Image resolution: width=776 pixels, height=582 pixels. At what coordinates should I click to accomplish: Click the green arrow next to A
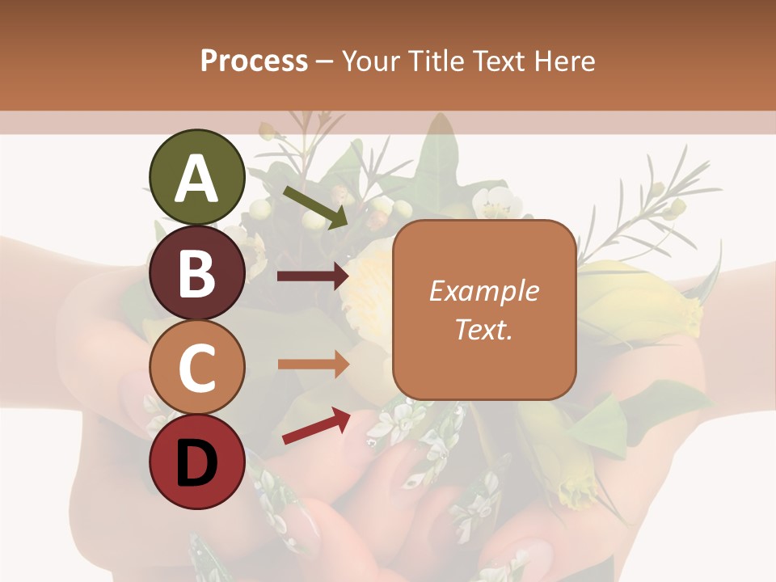pyautogui.click(x=315, y=206)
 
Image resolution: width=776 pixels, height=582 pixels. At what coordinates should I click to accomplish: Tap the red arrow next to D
pyautogui.click(x=316, y=425)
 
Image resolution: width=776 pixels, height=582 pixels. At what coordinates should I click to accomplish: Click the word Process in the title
pyautogui.click(x=254, y=61)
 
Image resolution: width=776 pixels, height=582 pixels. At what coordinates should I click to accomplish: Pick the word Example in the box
pyautogui.click(x=484, y=291)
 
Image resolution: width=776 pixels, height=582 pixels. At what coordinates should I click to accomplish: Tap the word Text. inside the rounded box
pyautogui.click(x=484, y=330)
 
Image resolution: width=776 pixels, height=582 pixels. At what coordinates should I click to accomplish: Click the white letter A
pyautogui.click(x=197, y=179)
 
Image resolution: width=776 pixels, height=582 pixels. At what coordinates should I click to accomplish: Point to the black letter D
pyautogui.click(x=197, y=464)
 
